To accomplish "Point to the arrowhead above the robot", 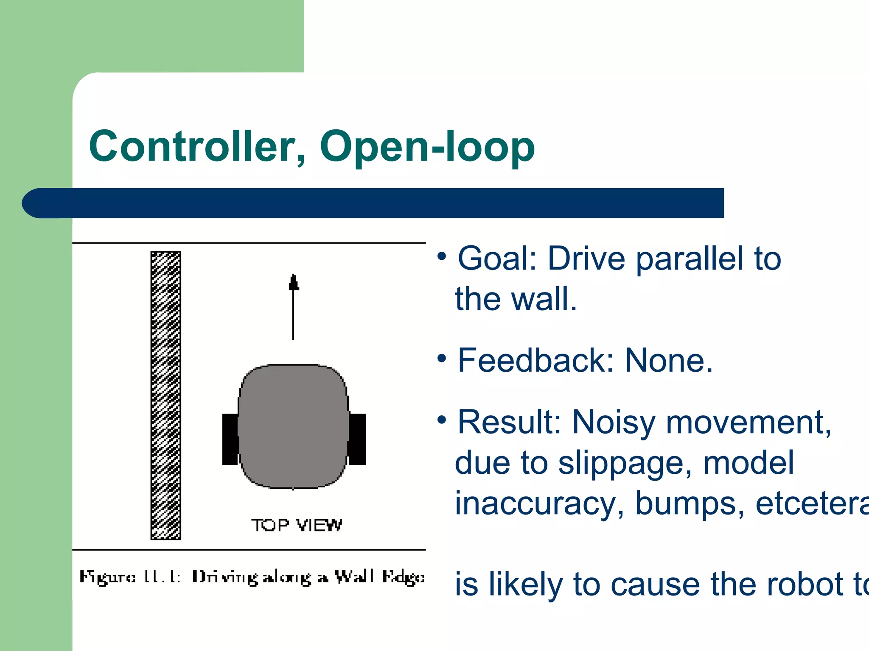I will point(293,282).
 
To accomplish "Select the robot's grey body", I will point(293,426).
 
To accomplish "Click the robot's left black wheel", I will point(230,439).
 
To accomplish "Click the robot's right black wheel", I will point(357,439).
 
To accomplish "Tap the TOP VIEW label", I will point(296,526).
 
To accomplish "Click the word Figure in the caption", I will point(107,578).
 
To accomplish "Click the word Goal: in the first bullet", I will point(497,259).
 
